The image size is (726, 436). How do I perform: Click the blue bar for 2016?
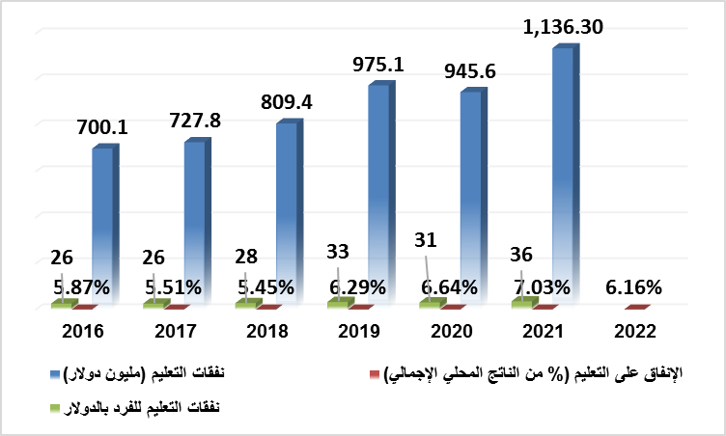[105, 222]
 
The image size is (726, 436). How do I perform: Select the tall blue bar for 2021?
[565, 174]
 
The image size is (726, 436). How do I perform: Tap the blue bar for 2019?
[380, 193]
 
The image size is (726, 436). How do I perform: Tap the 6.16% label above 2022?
[634, 286]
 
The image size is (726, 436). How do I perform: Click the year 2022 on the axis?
[634, 331]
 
